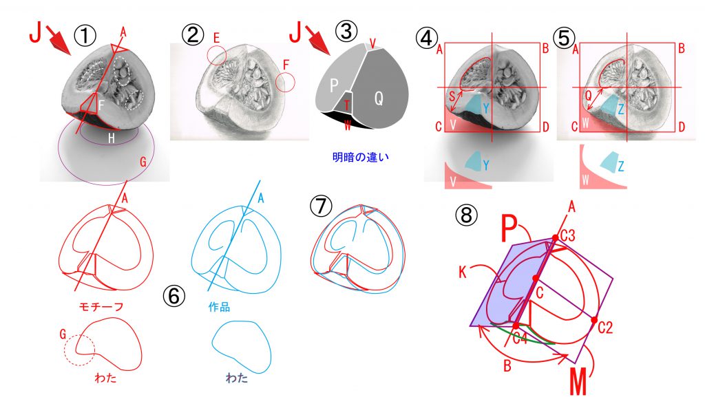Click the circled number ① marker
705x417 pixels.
coord(85,36)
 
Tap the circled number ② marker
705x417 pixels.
coord(193,34)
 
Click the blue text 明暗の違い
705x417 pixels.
coord(361,158)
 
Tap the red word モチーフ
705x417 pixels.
coord(101,307)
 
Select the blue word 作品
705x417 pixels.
coord(220,307)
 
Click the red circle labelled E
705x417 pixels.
coord(217,55)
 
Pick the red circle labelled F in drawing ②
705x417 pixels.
coord(285,83)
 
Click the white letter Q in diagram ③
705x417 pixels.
coord(379,98)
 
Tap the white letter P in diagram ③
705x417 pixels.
coord(334,85)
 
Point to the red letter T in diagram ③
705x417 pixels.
coord(347,105)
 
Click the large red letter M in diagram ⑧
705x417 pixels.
coord(578,381)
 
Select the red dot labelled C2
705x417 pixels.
coord(594,321)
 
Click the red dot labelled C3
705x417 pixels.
coord(556,237)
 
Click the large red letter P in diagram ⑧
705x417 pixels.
coord(509,228)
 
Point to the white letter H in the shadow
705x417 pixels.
coord(112,138)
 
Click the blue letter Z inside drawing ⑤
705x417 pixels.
coord(621,109)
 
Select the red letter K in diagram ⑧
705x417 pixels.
coord(463,271)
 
